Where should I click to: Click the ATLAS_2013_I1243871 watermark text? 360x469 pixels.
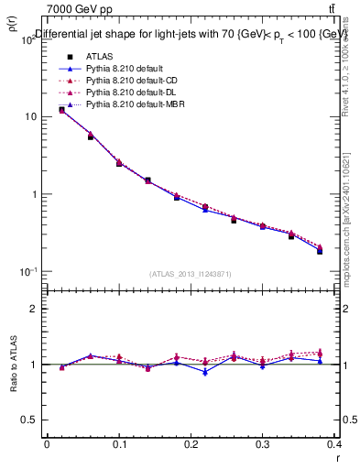[x=191, y=274]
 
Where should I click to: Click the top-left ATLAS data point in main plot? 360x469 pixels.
[x=61, y=110]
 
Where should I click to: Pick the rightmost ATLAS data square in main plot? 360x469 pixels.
[x=320, y=250]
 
